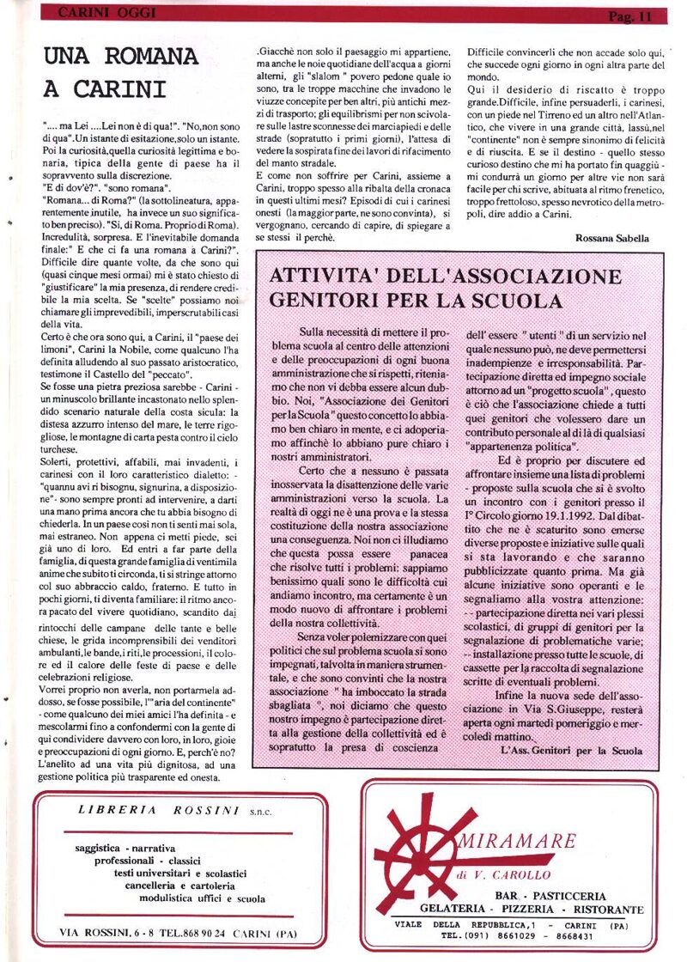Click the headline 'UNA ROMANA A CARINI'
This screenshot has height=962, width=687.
[120, 72]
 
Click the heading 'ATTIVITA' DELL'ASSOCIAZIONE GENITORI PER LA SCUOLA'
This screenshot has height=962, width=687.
[445, 289]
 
